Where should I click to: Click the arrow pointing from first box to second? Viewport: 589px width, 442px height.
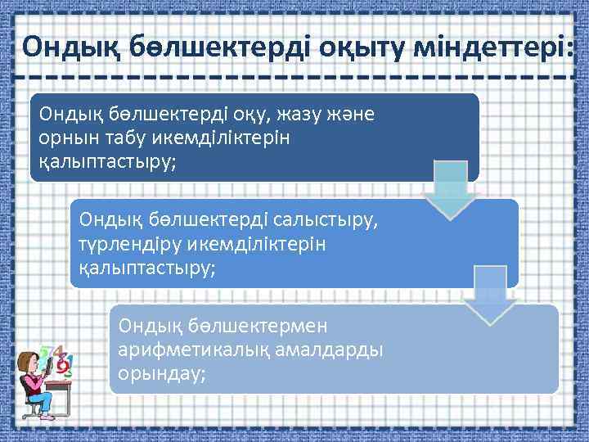pyautogui.click(x=449, y=190)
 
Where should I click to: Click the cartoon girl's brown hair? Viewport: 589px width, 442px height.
pyautogui.click(x=28, y=361)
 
